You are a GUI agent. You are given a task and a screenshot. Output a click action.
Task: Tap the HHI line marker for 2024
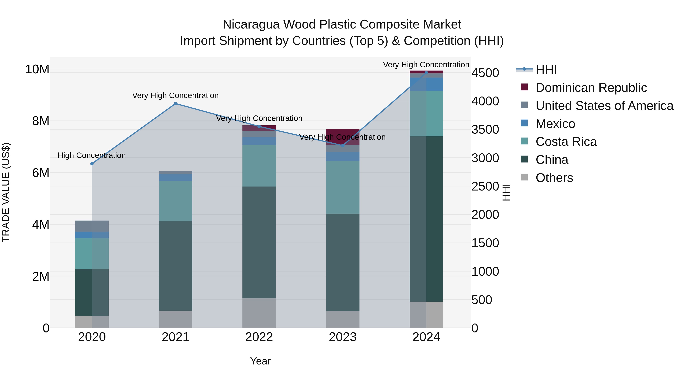point(426,73)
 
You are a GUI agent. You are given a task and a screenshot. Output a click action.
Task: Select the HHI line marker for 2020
point(92,164)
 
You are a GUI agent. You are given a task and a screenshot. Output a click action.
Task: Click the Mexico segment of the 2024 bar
point(426,84)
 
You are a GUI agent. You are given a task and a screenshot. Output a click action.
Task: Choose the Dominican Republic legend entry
point(591,88)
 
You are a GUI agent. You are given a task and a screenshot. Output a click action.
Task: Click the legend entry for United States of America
point(604,106)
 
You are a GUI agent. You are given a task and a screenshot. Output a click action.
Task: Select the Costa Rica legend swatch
point(524,141)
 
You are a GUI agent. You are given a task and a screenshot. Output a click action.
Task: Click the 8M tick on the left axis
point(41,121)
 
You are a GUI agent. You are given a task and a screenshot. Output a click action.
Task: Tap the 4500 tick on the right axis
point(485,73)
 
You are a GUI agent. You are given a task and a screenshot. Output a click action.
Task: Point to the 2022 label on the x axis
point(259,337)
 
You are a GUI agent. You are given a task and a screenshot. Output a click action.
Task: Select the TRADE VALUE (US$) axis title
point(6,192)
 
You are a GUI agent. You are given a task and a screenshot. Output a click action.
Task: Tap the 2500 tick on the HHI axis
point(485,187)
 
